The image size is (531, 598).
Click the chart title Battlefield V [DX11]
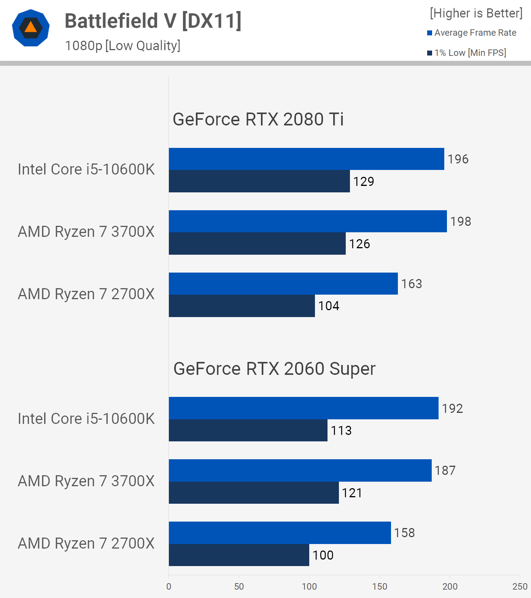pos(153,21)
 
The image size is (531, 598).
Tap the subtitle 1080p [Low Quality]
pos(122,46)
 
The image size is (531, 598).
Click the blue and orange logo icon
pos(31,28)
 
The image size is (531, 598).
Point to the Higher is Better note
pos(476,13)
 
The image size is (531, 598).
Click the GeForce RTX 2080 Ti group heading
pos(258,119)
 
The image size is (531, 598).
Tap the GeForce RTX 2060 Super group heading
pos(274,369)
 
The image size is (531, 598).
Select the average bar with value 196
pos(306,159)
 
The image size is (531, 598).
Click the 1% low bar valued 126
pos(257,243)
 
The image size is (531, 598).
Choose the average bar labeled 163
pos(283,284)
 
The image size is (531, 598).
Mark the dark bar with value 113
pos(248,430)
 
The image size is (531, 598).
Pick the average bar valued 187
pos(300,470)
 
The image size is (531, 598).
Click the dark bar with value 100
pos(239,555)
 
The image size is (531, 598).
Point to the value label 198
pos(461,221)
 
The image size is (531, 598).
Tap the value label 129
pos(364,181)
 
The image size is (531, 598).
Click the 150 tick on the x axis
pos(380,586)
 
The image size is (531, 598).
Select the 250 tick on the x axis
pos(520,586)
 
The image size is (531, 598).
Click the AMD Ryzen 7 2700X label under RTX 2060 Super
pos(86,543)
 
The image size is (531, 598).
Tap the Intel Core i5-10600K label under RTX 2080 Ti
pos(86,169)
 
